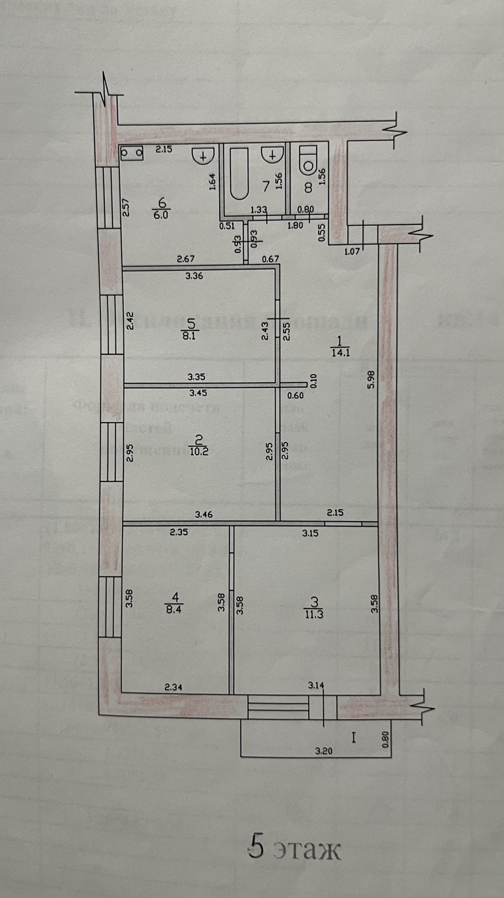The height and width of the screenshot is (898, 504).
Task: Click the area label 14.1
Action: click(340, 352)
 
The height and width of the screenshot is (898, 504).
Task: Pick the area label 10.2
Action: click(199, 451)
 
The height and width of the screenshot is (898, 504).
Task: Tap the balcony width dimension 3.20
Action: click(324, 751)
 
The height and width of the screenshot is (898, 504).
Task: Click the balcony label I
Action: click(353, 739)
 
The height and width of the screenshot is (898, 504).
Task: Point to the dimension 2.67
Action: click(186, 259)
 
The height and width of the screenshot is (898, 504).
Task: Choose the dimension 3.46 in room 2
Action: click(204, 515)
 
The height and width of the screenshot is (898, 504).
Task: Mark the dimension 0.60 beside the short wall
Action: click(295, 395)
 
